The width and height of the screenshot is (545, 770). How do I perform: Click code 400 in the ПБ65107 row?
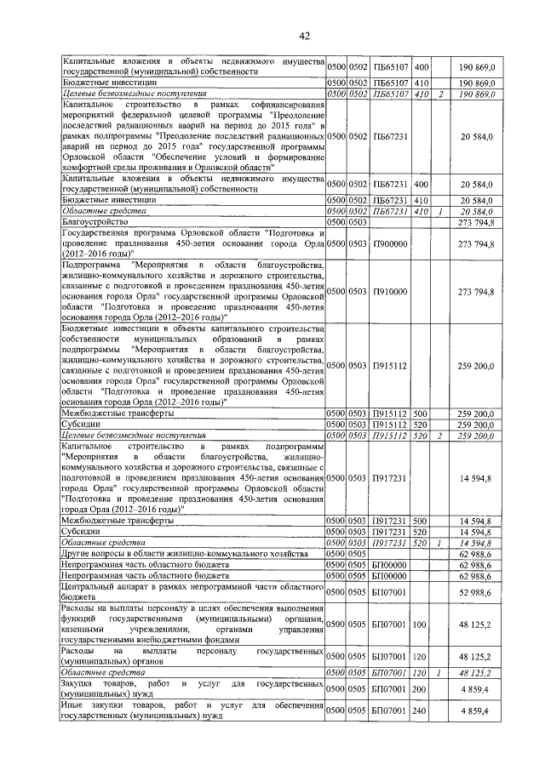421,66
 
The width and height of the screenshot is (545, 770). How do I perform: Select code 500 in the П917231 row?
421,520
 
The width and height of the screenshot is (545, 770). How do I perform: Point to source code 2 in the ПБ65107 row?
441,94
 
